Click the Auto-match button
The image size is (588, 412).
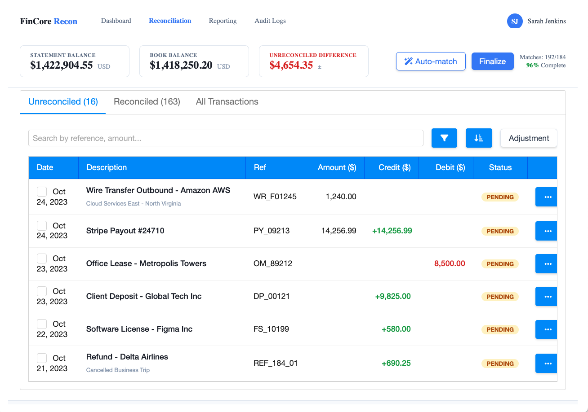pos(431,61)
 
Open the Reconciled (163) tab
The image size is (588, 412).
pos(147,102)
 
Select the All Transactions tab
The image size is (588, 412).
pos(227,102)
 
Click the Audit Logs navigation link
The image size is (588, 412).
pos(270,21)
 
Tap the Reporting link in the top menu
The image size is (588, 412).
pos(223,21)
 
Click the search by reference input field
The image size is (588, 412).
pos(226,138)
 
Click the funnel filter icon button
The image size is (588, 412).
pos(444,138)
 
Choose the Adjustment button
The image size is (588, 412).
pos(529,138)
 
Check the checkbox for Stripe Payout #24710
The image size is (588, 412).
pos(42,225)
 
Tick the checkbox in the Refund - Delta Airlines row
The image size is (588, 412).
pos(42,358)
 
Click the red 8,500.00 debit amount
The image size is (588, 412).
pos(450,264)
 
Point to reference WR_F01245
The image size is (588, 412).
pos(275,197)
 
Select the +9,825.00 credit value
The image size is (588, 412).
pos(393,297)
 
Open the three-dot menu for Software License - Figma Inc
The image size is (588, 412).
pos(548,329)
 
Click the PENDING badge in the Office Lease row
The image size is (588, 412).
pos(500,264)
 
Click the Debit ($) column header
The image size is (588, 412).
pos(450,167)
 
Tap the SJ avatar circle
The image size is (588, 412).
pos(515,21)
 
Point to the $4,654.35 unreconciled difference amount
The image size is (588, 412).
pos(291,65)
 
